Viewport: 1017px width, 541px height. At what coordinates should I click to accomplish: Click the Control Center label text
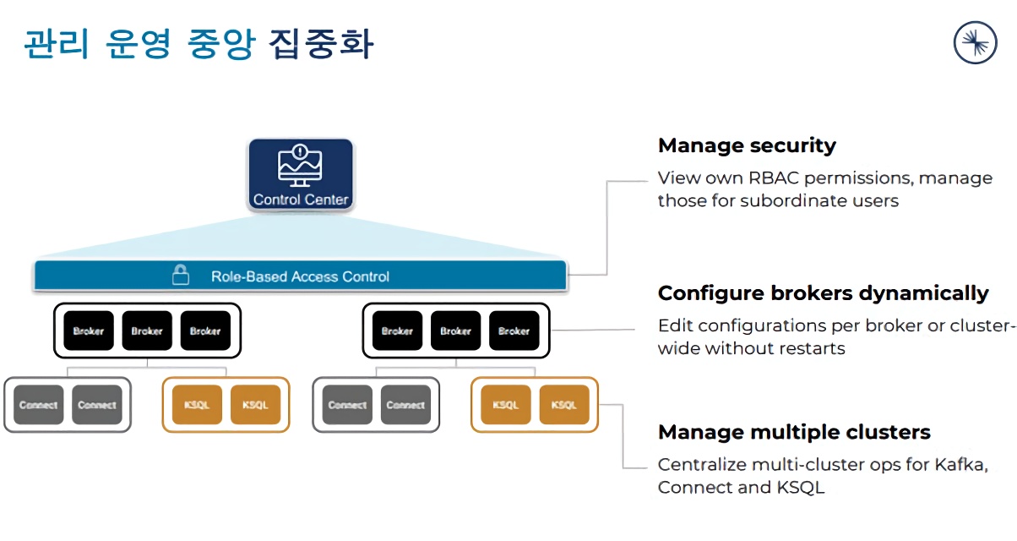tap(301, 200)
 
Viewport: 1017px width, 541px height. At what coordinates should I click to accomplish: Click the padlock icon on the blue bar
tap(180, 276)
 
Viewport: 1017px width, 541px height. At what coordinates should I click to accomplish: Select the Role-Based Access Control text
tap(300, 276)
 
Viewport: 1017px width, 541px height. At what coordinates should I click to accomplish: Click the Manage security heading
tap(747, 145)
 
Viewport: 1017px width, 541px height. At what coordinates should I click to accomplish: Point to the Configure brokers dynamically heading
tap(823, 293)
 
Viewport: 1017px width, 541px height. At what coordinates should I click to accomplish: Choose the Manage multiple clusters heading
tap(794, 433)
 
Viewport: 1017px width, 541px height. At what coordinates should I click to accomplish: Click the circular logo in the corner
tap(975, 42)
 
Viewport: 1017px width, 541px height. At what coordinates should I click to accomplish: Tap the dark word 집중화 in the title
tap(321, 44)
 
